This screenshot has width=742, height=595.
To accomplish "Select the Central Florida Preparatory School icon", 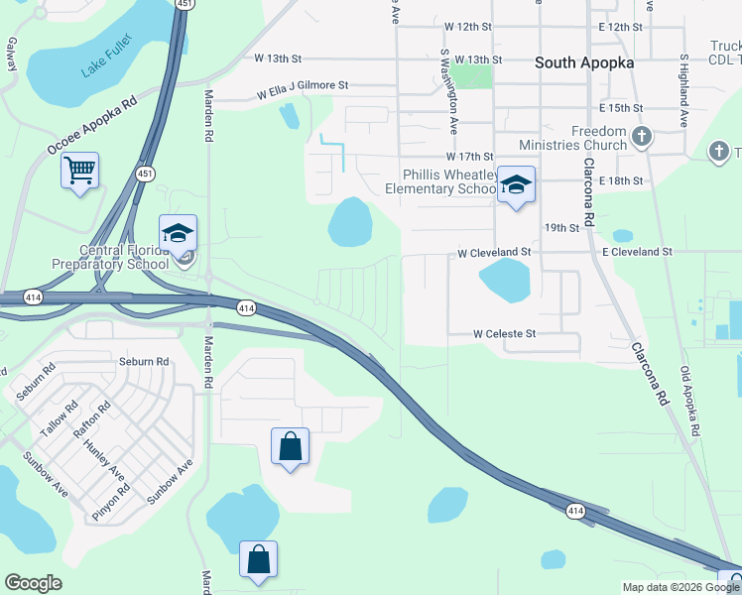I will (x=178, y=234).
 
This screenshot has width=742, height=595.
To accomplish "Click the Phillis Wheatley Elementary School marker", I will (x=516, y=184).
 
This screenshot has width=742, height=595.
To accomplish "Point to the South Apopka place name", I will (x=584, y=62).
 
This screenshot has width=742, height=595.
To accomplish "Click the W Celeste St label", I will (x=504, y=334).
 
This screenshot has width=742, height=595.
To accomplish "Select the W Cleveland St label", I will (x=494, y=253).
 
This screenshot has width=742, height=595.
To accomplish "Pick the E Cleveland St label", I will (x=637, y=253).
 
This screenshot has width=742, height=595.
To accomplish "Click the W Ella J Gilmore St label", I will (x=303, y=91).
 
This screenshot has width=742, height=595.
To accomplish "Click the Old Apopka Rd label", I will (x=690, y=402).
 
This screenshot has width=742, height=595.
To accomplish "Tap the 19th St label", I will (x=561, y=228).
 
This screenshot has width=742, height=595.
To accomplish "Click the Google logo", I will (x=34, y=583).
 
